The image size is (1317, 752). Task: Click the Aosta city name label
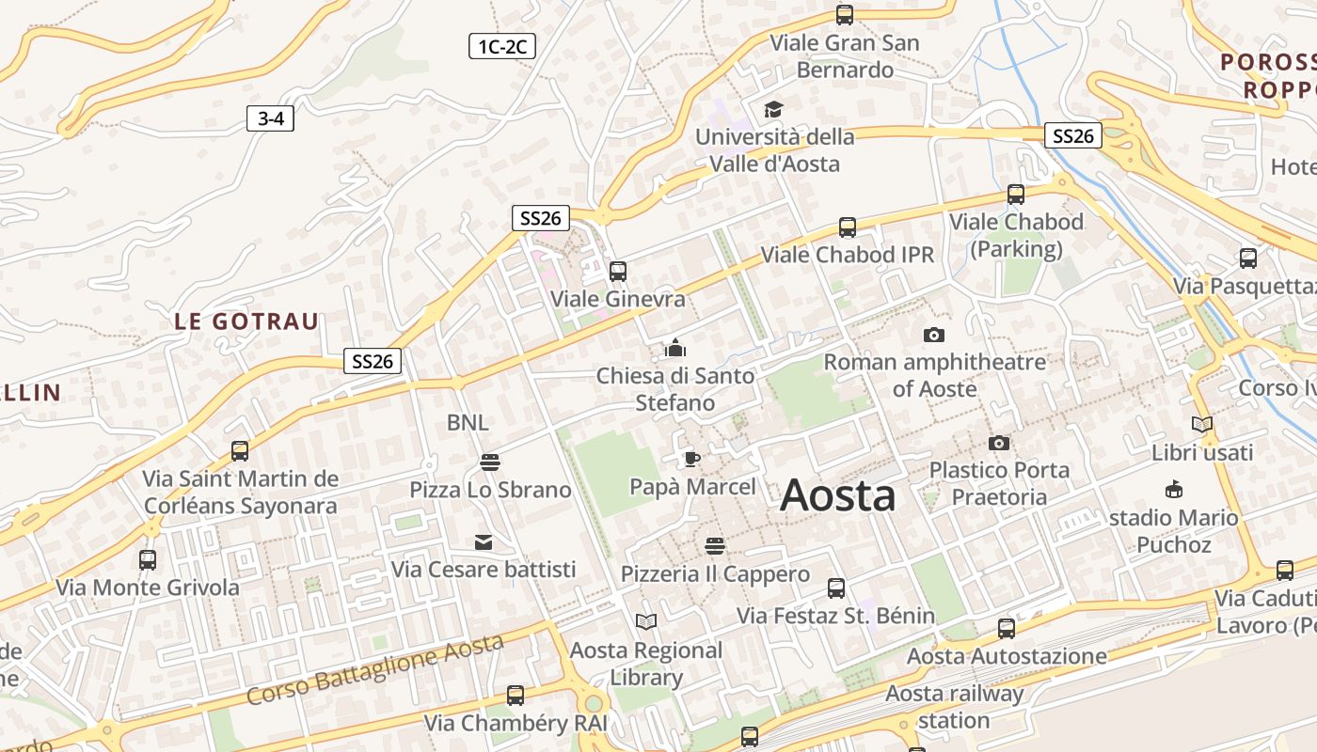(837, 495)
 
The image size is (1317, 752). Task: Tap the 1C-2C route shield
(501, 46)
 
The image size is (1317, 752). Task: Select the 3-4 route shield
(270, 118)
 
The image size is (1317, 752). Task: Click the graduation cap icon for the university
(773, 110)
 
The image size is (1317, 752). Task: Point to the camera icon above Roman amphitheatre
(933, 335)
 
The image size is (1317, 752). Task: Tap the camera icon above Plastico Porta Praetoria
(998, 443)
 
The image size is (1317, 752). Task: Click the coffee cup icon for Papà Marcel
(692, 459)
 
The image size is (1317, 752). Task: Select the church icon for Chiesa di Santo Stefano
(674, 349)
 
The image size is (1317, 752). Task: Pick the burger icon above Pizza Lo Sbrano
(489, 462)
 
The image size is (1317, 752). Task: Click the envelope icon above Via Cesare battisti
(484, 541)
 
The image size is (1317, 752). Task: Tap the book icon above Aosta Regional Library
(645, 621)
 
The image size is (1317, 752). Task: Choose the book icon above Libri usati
(1201, 424)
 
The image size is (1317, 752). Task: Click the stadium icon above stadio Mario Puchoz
(1173, 489)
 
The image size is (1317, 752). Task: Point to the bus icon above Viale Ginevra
(617, 272)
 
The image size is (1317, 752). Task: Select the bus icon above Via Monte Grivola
(148, 560)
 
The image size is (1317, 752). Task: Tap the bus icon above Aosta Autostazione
(1006, 629)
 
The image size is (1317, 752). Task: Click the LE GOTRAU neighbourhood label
(246, 321)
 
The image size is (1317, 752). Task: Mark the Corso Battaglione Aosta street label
(375, 669)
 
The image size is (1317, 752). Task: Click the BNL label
(468, 423)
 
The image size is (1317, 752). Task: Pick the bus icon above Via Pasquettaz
(1247, 258)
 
